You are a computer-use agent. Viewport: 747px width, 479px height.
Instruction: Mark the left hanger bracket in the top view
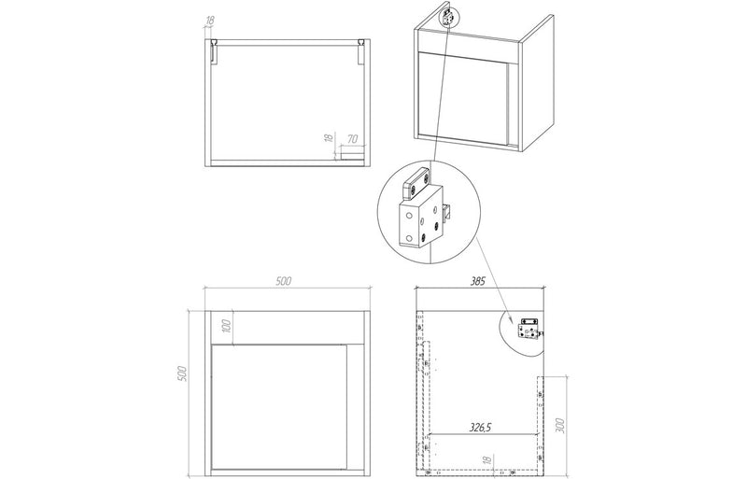tap(214, 50)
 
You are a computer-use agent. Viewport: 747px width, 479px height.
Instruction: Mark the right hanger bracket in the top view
tap(362, 50)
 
